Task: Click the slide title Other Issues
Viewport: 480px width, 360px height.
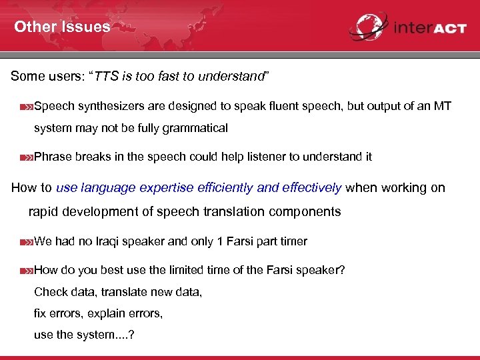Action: pos(62,27)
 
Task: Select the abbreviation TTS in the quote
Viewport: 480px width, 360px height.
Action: pos(105,76)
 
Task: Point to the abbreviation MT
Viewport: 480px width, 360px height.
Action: pos(442,106)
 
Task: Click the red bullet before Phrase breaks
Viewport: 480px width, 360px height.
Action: pos(26,157)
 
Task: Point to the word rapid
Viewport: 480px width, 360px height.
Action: pos(45,212)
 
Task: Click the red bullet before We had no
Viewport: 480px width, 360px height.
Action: pos(26,242)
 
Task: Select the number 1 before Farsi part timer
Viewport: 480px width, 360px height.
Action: pos(221,241)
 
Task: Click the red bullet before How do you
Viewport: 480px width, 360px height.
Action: pos(26,271)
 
